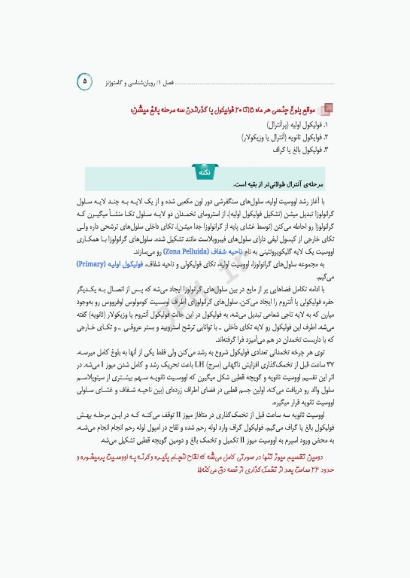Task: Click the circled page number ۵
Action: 84,79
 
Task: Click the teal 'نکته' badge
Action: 204,172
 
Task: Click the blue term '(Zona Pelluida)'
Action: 186,254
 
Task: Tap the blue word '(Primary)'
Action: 91,265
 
